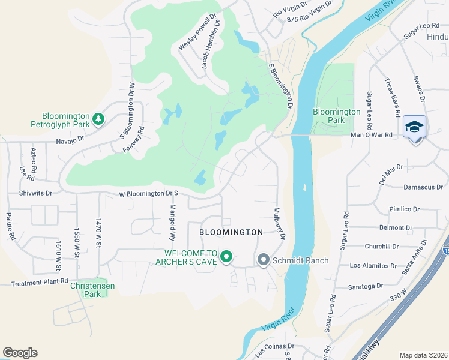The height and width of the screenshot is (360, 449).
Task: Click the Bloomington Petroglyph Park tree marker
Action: coord(99,120)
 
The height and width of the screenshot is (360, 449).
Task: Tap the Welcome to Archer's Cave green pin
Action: coord(226,257)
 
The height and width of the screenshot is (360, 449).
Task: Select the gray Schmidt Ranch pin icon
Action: coord(263,260)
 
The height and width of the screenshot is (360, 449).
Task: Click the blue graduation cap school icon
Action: coord(414,127)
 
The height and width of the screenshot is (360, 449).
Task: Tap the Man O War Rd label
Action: coord(372,135)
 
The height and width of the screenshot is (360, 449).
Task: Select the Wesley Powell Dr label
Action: coord(197,29)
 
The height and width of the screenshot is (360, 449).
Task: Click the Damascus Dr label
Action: coord(423,187)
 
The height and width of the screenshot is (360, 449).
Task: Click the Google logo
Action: coord(20,353)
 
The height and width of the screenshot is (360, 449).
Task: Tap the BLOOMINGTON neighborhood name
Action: coord(231,232)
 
